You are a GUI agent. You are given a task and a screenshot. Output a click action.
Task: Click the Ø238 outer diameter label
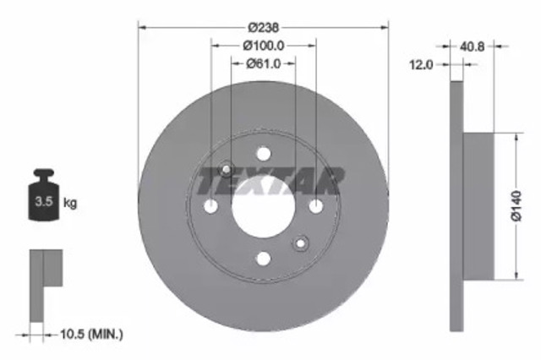(x=263, y=26)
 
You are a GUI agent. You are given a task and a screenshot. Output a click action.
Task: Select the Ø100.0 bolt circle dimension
(x=263, y=45)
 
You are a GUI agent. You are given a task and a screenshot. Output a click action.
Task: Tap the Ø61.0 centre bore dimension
(x=263, y=63)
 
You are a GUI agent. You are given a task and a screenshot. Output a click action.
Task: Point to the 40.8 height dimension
(x=473, y=47)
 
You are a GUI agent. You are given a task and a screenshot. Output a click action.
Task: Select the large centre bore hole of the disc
(x=263, y=206)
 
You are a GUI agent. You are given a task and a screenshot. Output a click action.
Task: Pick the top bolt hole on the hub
(x=263, y=154)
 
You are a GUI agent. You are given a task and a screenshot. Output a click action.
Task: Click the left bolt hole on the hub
(x=210, y=206)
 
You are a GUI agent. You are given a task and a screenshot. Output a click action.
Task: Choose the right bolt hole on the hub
(x=315, y=206)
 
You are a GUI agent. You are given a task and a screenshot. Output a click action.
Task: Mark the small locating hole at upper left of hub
(x=226, y=169)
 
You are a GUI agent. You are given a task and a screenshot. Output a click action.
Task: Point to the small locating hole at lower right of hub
(x=300, y=244)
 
